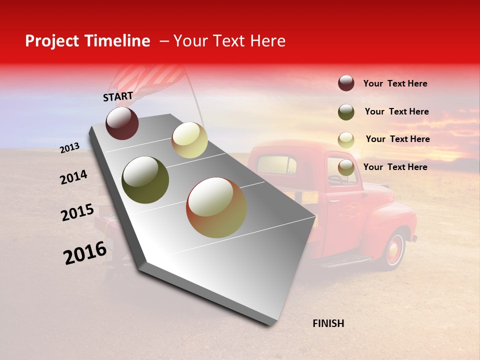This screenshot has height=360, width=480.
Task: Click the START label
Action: coord(118,96)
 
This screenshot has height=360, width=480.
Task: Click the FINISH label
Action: coord(328,323)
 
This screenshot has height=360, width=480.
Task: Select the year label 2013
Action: coord(69,147)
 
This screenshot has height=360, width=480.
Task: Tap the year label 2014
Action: coord(73,177)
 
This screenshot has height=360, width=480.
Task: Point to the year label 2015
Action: coord(77,212)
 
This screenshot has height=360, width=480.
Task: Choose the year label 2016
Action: coord(85,253)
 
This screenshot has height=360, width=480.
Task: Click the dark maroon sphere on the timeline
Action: coord(122,123)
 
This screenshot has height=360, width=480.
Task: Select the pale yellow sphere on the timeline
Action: coord(189,140)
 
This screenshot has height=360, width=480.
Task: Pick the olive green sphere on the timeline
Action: coord(145,180)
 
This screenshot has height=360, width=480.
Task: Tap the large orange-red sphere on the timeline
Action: coord(216,207)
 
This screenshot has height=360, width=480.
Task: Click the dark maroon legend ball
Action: coord(346,83)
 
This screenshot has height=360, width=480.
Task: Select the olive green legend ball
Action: coord(346,112)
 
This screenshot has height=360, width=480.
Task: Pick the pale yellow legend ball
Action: coord(346,139)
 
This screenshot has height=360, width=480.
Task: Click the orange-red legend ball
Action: coord(346,167)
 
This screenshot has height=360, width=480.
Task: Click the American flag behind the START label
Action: coord(150,80)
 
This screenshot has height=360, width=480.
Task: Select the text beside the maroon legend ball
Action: coord(395,83)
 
